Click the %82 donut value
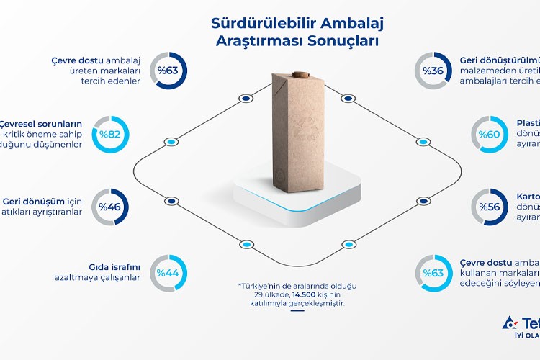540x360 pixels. (x=110, y=134)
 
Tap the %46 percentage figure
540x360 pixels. (x=110, y=206)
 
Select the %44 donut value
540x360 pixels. (x=168, y=273)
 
